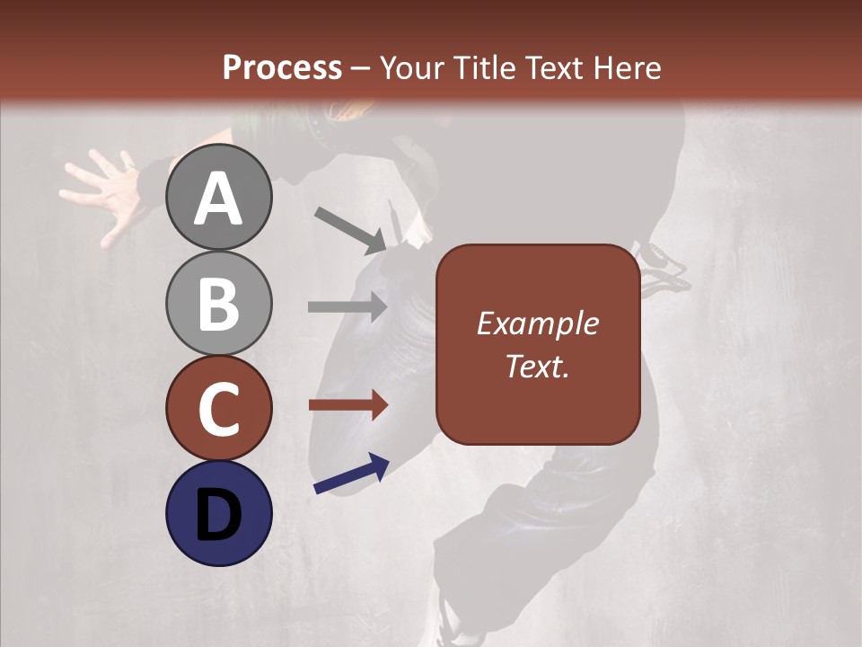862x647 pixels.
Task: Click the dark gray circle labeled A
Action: pos(218,197)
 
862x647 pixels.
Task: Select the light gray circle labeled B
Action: pos(218,303)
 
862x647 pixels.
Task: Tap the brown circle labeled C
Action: pos(218,408)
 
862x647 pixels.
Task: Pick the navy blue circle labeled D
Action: pos(218,513)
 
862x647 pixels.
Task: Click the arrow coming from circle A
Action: pos(350,228)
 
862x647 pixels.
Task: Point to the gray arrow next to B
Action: pos(347,306)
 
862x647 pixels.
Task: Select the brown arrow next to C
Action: pos(347,405)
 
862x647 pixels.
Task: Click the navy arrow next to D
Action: pos(351,474)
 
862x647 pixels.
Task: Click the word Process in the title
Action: pos(282,67)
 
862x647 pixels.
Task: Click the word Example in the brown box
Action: pos(537,323)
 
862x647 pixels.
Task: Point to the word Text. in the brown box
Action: pos(537,367)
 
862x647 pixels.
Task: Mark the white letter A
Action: pos(218,199)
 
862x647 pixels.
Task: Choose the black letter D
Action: pos(218,515)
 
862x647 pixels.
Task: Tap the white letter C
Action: pos(218,410)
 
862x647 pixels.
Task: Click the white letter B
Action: pos(218,305)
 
